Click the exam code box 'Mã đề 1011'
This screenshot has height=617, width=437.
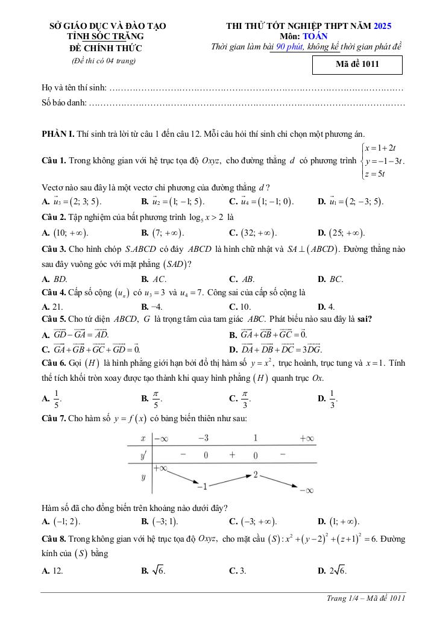point(357,64)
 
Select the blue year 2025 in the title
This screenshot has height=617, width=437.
point(383,26)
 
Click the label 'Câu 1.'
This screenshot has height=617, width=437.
point(54,161)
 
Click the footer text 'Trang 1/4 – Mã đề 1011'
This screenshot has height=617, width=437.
point(365,598)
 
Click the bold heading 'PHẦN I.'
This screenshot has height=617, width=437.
point(57,133)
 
